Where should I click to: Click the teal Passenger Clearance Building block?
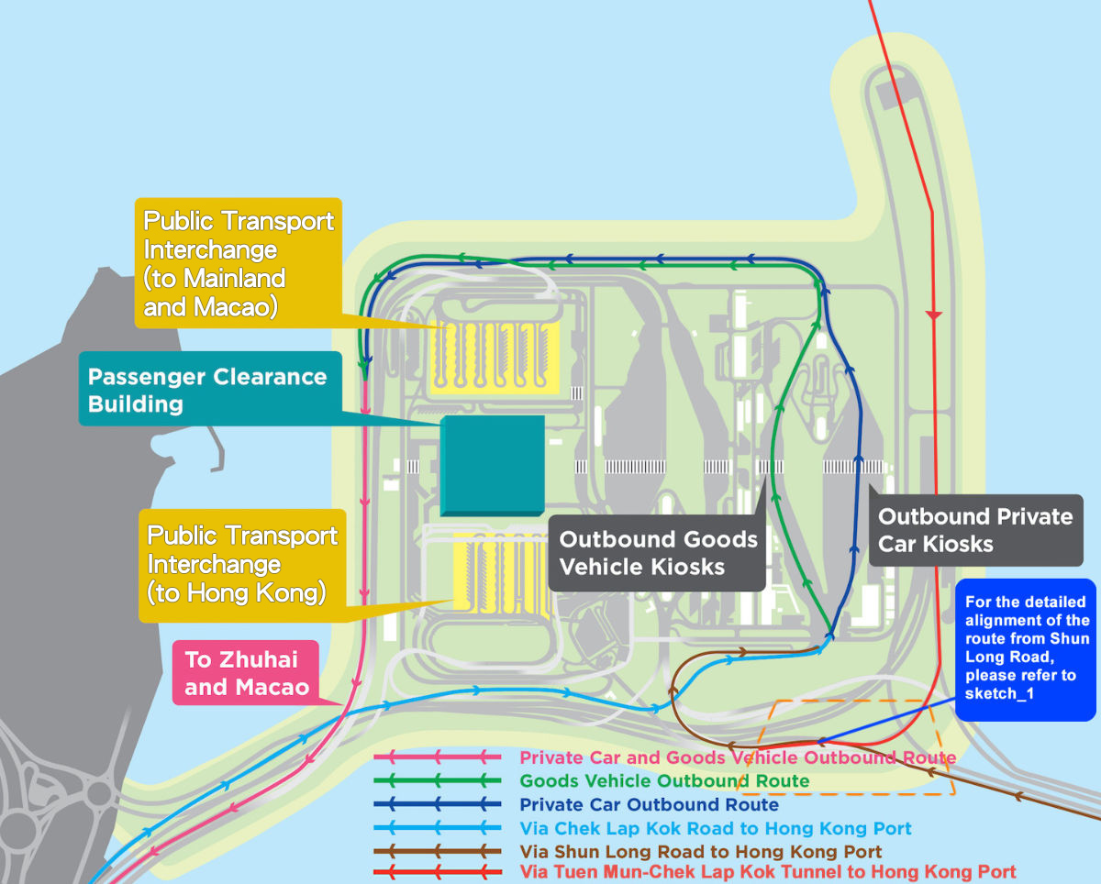(493, 465)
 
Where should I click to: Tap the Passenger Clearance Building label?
(207, 391)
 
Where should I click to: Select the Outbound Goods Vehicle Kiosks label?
(658, 553)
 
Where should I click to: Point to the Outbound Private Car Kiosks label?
(974, 530)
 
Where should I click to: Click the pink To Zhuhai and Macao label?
(246, 672)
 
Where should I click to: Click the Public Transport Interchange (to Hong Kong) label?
(242, 564)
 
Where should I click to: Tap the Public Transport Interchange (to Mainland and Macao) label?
(239, 263)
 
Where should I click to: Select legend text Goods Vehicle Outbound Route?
(664, 781)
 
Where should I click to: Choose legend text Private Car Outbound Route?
(649, 805)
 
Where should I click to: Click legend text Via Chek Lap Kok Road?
(716, 829)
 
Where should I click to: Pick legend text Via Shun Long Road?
(701, 852)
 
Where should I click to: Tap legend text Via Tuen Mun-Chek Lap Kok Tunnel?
(767, 872)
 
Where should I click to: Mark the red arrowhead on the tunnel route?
(934, 315)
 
